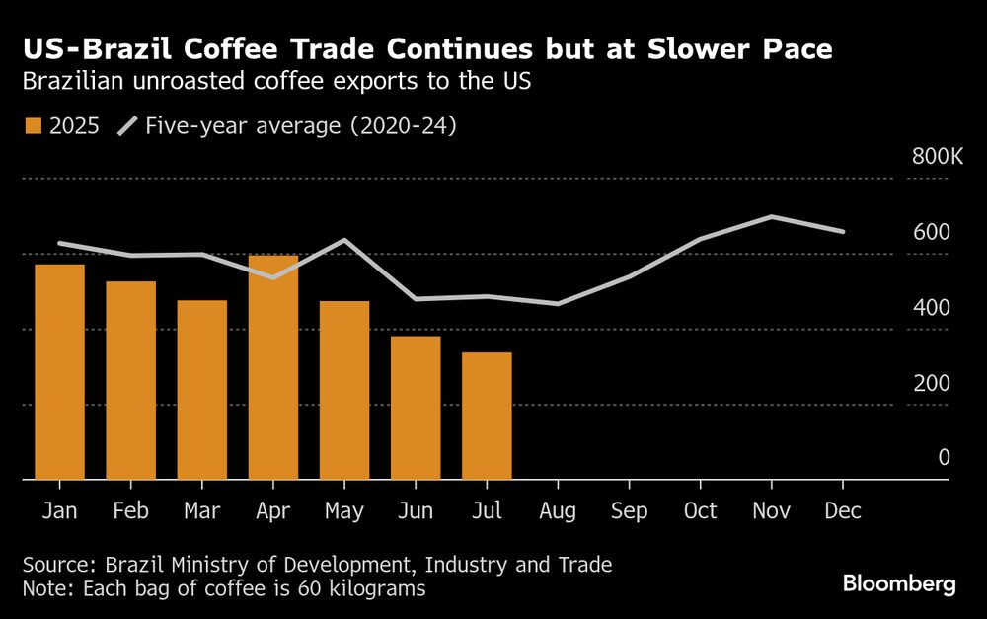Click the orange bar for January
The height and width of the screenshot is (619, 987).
click(60, 372)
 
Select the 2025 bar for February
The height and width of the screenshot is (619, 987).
click(131, 381)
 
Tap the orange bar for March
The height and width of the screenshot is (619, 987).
click(202, 390)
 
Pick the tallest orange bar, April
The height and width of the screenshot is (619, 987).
click(273, 367)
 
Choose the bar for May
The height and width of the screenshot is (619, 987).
click(344, 391)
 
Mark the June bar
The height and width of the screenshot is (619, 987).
click(416, 408)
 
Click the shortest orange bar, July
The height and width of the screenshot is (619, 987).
click(487, 416)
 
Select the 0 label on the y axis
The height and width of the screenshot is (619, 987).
click(944, 457)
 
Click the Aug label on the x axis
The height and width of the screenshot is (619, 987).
click(558, 511)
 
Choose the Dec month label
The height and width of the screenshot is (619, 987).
click(843, 511)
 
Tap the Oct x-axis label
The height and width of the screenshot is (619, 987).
click(700, 511)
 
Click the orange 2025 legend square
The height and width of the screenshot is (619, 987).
click(33, 126)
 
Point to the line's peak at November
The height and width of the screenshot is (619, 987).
click(771, 217)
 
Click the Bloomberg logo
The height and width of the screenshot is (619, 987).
click(899, 583)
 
